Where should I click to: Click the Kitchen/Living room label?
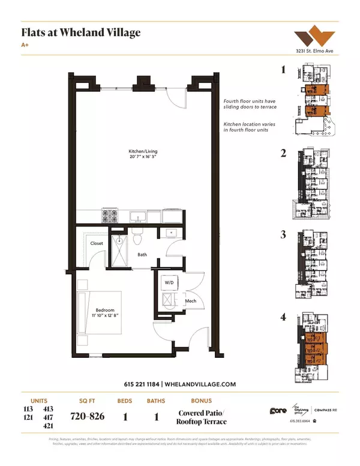tap(139, 151)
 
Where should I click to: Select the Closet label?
tap(97, 243)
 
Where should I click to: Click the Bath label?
tap(142, 254)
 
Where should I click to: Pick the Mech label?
tap(191, 301)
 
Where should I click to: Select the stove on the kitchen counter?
tap(110, 215)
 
